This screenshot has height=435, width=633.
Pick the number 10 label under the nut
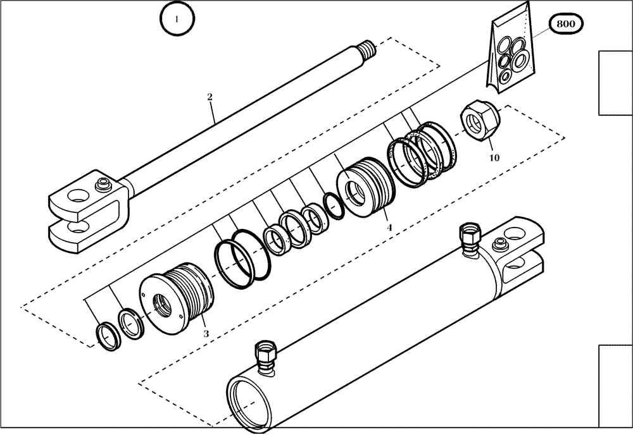pyautogui.click(x=494, y=157)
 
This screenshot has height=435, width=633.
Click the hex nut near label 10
pyautogui.click(x=480, y=119)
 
